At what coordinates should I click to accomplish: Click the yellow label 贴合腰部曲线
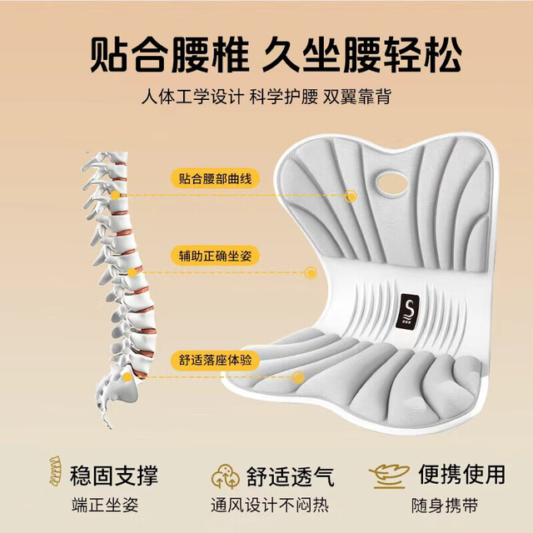pyautogui.click(x=215, y=178)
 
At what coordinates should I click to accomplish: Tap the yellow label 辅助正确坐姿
pyautogui.click(x=215, y=256)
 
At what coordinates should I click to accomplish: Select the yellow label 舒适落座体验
pyautogui.click(x=215, y=360)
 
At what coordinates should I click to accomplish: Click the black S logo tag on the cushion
pyautogui.click(x=407, y=311)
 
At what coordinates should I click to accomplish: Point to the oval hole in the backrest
pyautogui.click(x=392, y=183)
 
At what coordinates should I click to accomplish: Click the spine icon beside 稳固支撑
pyautogui.click(x=56, y=471)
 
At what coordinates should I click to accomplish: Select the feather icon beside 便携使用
pyautogui.click(x=389, y=476)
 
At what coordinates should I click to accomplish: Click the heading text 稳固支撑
pyautogui.click(x=114, y=476)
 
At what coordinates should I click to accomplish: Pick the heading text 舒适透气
pyautogui.click(x=291, y=476)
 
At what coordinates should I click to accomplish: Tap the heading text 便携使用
pyautogui.click(x=461, y=474)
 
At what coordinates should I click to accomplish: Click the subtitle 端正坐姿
pyautogui.click(x=105, y=505)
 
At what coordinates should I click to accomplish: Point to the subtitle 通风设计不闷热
pyautogui.click(x=270, y=505)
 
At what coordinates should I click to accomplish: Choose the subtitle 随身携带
pyautogui.click(x=445, y=506)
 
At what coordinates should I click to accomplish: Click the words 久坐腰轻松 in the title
pyautogui.click(x=361, y=54)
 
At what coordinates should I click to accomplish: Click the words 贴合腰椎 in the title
pyautogui.click(x=170, y=54)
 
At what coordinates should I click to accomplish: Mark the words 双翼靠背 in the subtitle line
pyautogui.click(x=357, y=97)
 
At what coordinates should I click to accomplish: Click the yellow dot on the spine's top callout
pyautogui.click(x=115, y=195)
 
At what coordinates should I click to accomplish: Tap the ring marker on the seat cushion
pyautogui.click(x=298, y=377)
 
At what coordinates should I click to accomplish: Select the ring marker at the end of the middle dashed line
pyautogui.click(x=311, y=272)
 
